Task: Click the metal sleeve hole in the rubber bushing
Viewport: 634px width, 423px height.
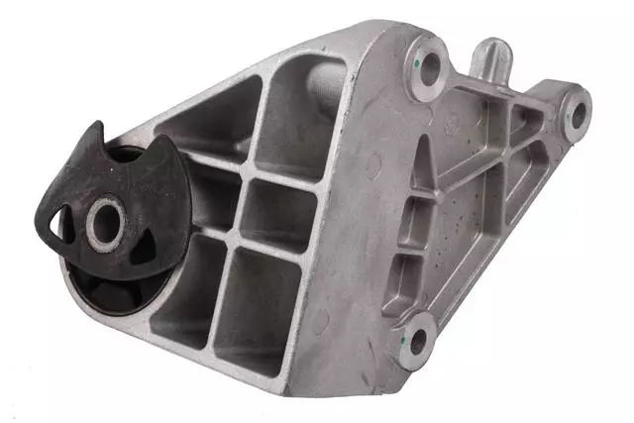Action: point(104,220)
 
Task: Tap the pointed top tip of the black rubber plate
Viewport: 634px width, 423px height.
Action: point(99,126)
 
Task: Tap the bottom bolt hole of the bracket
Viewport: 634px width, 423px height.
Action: point(417,339)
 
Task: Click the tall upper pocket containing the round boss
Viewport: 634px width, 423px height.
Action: point(302,114)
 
